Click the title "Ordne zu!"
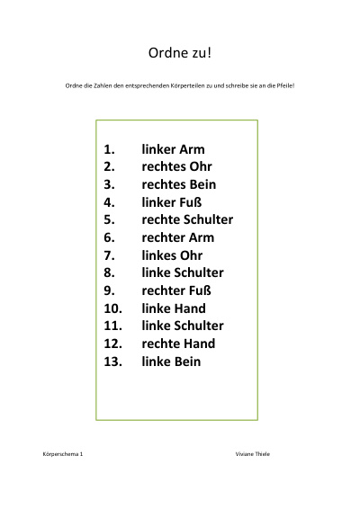180,53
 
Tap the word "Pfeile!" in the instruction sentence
285,85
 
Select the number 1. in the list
109,149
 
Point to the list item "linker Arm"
173,149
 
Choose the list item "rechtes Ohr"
176,166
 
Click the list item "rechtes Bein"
179,184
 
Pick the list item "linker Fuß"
172,202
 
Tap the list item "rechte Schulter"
187,219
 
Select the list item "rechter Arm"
178,237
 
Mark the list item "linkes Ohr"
172,255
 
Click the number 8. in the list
109,272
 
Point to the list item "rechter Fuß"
176,290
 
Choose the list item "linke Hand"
174,308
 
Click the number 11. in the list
113,326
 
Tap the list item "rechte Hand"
178,344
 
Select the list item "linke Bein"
171,362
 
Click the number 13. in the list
113,362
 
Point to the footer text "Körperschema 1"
63,454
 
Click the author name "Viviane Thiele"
253,454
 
